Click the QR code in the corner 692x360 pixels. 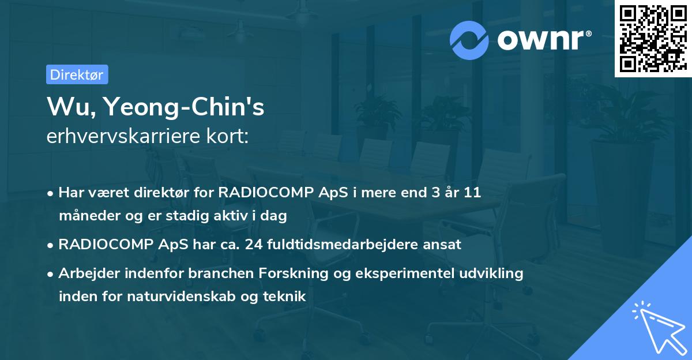(652, 39)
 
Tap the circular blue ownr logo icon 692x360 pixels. (469, 40)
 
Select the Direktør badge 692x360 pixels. (77, 74)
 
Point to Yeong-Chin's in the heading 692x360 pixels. (182, 107)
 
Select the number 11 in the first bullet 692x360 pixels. (472, 193)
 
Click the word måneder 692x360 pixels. (85, 216)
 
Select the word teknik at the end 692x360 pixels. (285, 297)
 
